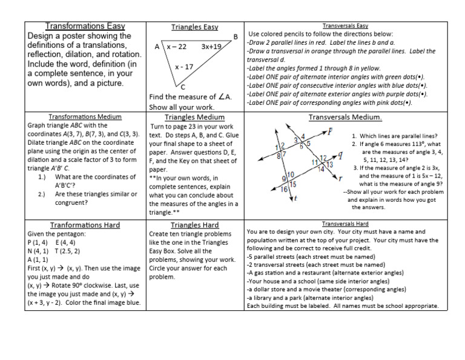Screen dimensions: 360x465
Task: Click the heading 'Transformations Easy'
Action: (85, 26)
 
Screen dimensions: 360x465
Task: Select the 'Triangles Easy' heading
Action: (194, 27)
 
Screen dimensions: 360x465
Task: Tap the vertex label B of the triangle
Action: (236, 37)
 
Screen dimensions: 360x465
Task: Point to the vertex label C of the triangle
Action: (183, 87)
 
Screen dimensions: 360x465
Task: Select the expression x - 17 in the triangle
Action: (184, 67)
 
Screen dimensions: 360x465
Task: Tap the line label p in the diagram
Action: (329, 131)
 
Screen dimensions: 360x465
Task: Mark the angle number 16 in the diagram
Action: (284, 190)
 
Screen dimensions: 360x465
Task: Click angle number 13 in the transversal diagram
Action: (329, 165)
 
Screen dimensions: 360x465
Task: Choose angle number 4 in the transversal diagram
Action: (303, 136)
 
